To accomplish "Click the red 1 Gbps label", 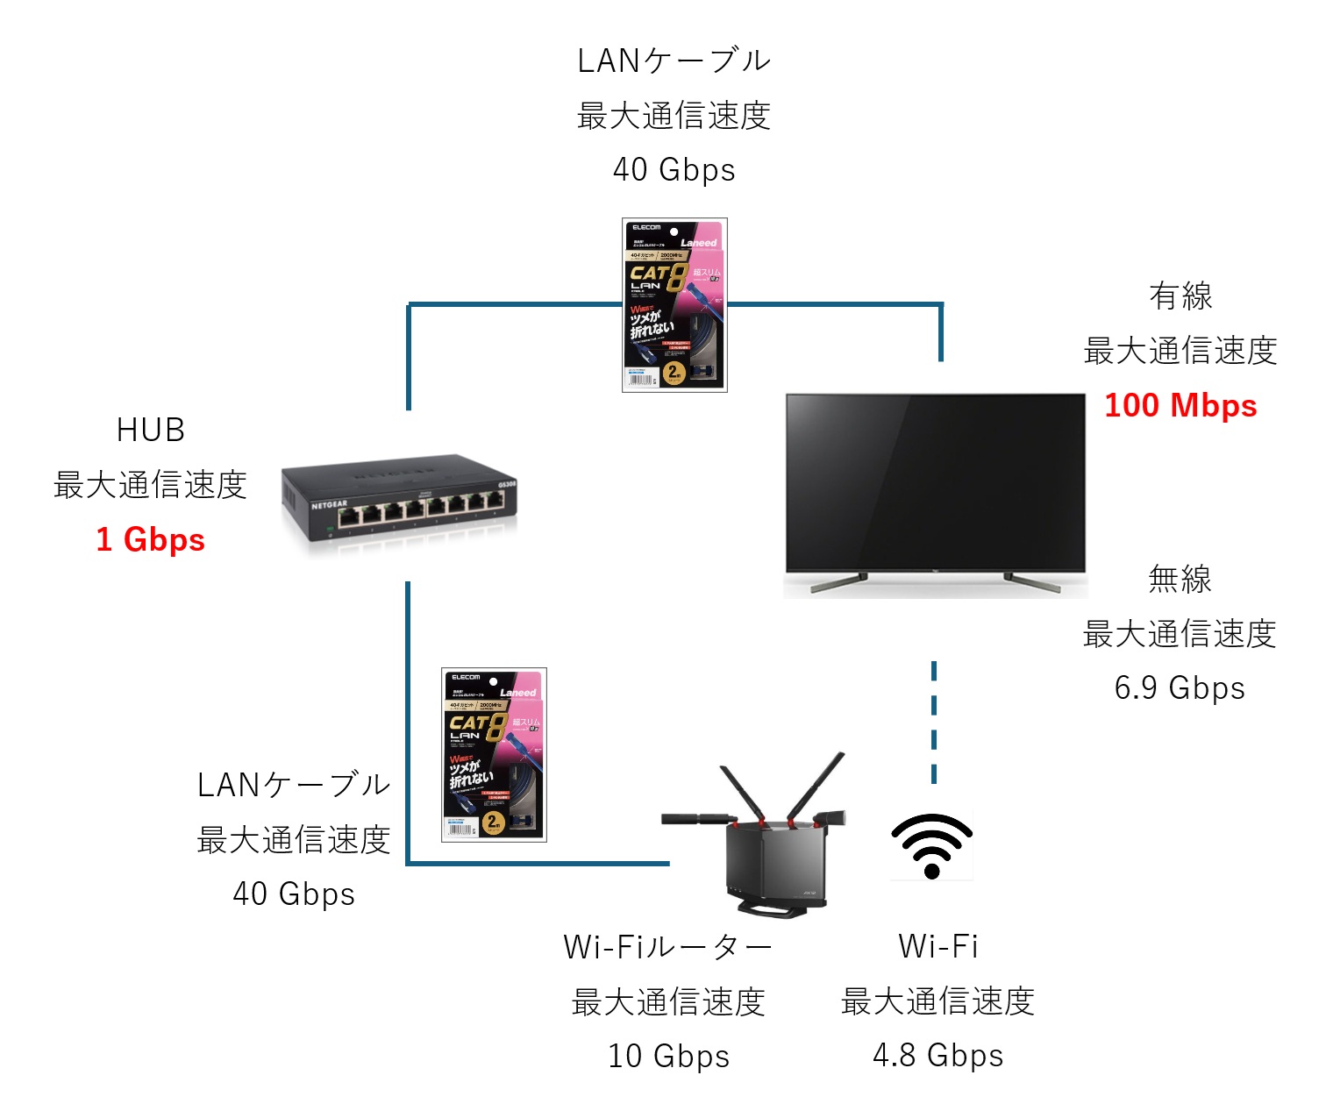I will (150, 539).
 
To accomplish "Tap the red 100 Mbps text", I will (1180, 405).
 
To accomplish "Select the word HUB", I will (150, 430).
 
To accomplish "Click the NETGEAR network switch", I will (400, 501).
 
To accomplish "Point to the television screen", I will (935, 481).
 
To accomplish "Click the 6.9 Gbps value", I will (1180, 687).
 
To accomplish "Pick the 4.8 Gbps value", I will (937, 1055).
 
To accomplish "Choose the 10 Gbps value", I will (668, 1056).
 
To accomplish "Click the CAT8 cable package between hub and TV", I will (674, 304).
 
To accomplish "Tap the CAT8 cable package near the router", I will (494, 754).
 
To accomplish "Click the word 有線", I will (1180, 296).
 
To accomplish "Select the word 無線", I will (1180, 579).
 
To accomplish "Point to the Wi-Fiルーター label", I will (668, 947).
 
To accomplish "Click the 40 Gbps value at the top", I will (674, 169).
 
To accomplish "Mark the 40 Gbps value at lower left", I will (294, 894).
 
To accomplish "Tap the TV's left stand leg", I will (838, 581).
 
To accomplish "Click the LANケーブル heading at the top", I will (674, 61).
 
